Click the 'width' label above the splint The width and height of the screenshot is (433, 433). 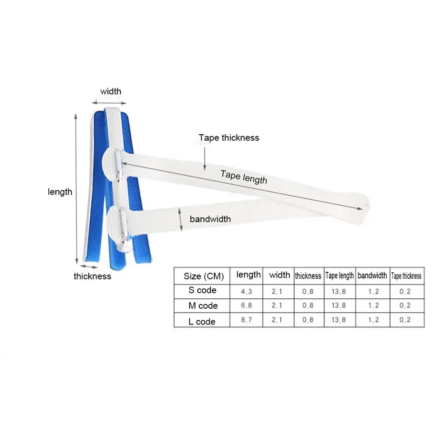(111, 91)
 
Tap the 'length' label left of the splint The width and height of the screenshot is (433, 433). (60, 192)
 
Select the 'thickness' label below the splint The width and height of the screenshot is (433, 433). (92, 276)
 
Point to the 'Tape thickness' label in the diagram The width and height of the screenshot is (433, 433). (229, 138)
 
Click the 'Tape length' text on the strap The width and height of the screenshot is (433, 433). (244, 177)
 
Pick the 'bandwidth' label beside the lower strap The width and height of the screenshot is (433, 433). (210, 219)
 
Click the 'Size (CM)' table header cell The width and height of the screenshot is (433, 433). (204, 276)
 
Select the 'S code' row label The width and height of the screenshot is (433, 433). (202, 290)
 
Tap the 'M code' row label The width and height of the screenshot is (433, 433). (203, 306)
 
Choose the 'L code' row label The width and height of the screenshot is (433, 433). (202, 322)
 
